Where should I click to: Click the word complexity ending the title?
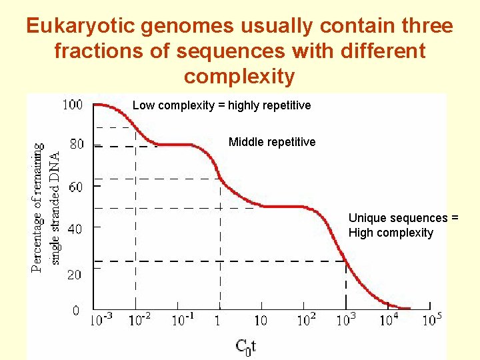click(x=239, y=77)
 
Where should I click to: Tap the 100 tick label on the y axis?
click(x=73, y=105)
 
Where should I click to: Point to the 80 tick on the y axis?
click(x=77, y=144)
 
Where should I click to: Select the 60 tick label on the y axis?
click(x=77, y=187)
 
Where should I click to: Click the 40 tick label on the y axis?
click(x=77, y=229)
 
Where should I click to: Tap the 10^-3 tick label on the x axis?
click(x=102, y=319)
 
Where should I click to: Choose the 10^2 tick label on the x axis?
click(x=305, y=319)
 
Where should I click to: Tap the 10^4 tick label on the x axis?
click(x=389, y=319)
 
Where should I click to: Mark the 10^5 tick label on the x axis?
click(x=431, y=319)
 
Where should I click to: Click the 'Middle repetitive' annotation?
click(x=272, y=142)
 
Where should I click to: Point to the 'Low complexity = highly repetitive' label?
click(x=221, y=105)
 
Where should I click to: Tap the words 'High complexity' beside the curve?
click(x=391, y=233)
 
